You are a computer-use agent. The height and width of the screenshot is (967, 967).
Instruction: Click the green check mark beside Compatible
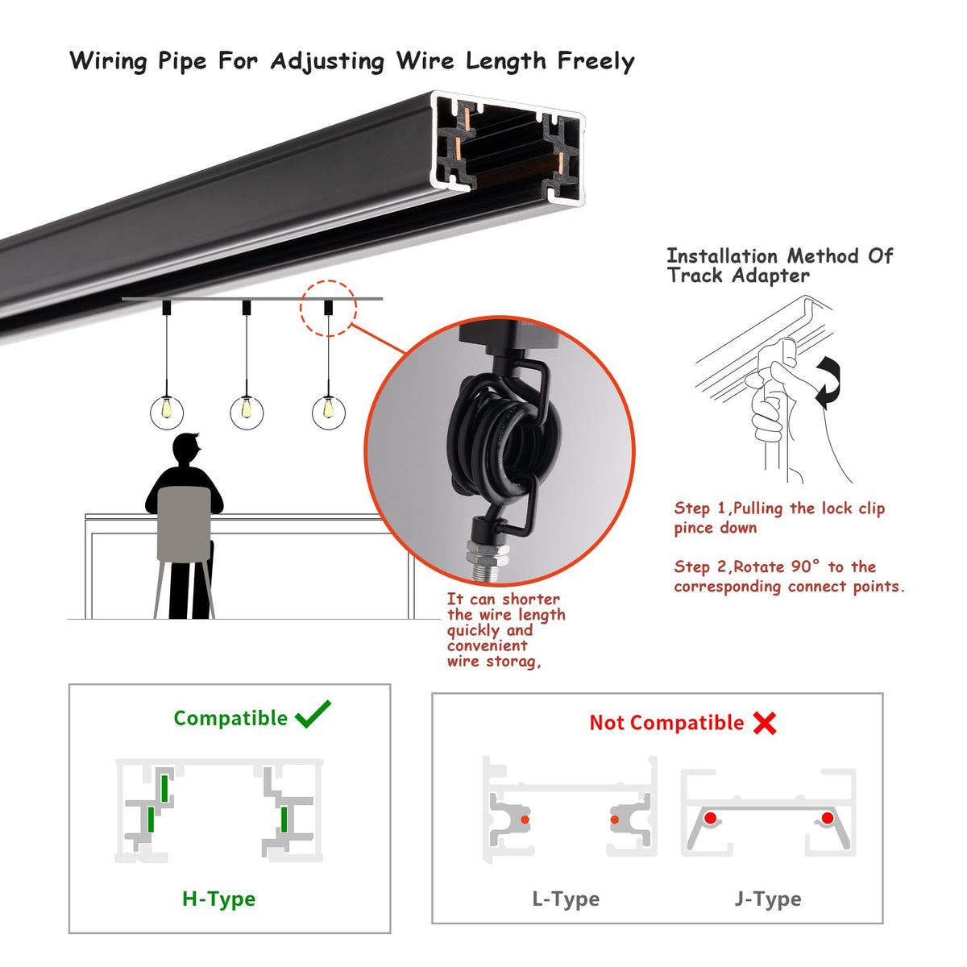tap(313, 714)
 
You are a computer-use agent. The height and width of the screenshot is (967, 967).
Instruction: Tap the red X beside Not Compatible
tap(764, 723)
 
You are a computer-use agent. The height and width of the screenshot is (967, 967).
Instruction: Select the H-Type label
tap(219, 899)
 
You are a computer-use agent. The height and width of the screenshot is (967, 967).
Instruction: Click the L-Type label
tap(566, 899)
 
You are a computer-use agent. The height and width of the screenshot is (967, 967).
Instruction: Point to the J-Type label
tap(768, 899)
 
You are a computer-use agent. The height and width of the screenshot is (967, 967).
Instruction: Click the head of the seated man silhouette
tap(187, 449)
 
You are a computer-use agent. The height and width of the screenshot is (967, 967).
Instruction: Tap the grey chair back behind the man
tap(184, 524)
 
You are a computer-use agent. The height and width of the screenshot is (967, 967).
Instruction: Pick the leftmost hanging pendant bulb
tap(167, 413)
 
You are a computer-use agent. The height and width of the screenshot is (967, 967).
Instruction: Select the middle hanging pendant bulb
tap(247, 413)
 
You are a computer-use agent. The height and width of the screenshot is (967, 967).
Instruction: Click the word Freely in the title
tap(596, 61)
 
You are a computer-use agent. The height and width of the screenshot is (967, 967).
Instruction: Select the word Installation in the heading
tap(721, 256)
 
